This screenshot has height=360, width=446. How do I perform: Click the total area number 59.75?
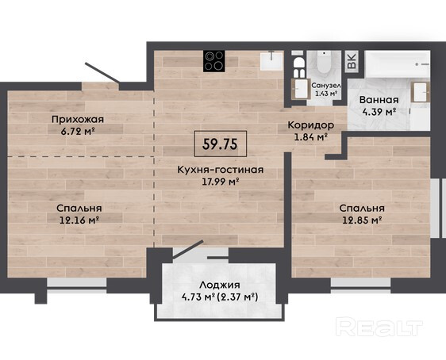(220, 144)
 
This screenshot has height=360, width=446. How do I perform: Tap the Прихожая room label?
(78, 119)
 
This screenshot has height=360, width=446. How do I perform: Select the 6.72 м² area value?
(78, 132)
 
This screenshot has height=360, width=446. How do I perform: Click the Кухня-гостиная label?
(221, 170)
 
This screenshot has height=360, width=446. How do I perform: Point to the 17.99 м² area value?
(220, 182)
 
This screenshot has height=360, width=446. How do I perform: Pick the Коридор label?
(311, 125)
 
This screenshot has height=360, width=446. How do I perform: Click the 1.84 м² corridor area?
(311, 137)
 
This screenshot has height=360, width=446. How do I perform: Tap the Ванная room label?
(379, 100)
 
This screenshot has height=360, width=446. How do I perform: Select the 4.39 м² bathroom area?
(379, 112)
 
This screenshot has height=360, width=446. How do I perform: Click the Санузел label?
(326, 86)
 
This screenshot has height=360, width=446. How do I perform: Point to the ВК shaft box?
(352, 62)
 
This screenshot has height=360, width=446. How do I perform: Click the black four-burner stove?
(214, 61)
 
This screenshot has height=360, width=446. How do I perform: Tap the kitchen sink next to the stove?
(271, 61)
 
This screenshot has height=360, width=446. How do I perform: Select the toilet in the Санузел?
(325, 63)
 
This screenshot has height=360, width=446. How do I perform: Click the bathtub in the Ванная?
(398, 63)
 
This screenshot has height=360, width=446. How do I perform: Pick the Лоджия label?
(220, 285)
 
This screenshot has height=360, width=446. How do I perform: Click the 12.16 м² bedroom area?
(79, 220)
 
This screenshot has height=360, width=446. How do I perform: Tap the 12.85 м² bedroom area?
(362, 220)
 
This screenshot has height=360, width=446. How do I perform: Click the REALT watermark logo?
(379, 327)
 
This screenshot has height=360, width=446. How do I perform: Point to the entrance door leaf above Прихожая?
(102, 73)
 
